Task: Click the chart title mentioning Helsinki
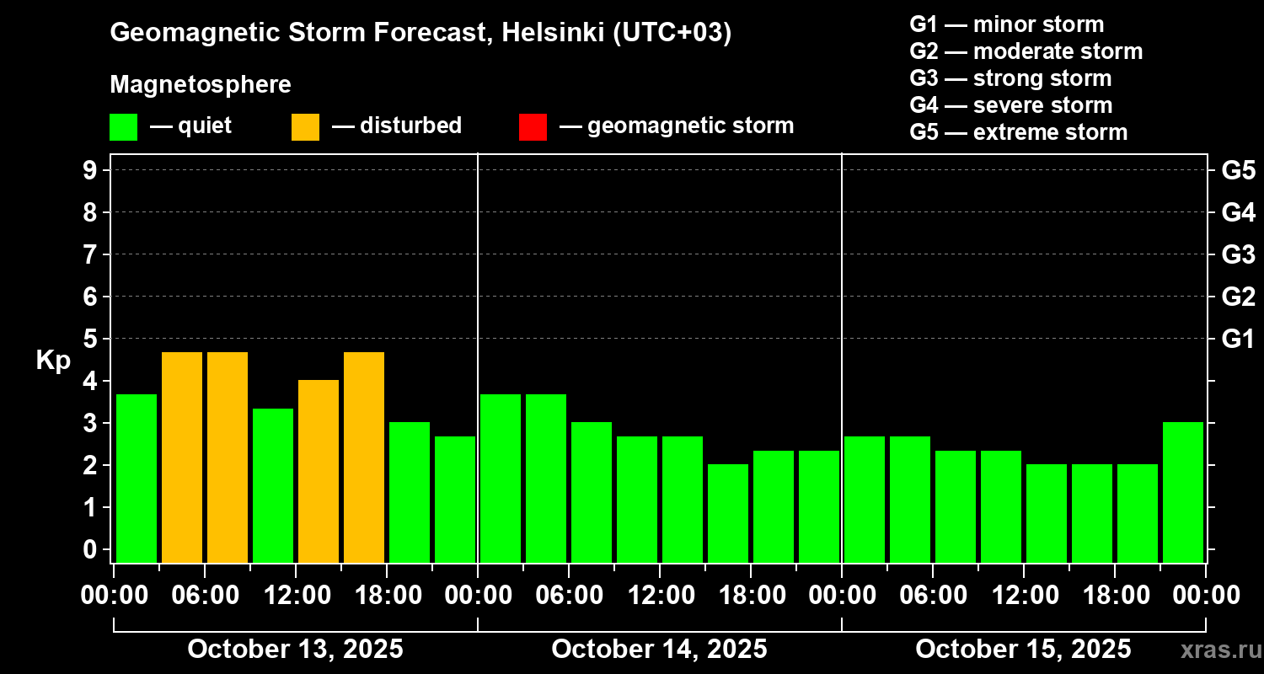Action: (x=420, y=33)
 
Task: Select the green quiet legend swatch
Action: (x=123, y=127)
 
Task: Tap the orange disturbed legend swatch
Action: (x=305, y=127)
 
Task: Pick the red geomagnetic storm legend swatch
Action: (x=533, y=127)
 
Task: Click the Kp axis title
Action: (x=53, y=360)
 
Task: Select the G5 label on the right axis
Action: (x=1238, y=170)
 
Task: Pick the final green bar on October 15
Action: (x=1183, y=492)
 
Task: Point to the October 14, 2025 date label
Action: (x=659, y=649)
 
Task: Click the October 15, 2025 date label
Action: (x=1023, y=649)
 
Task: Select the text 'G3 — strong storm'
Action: (x=1010, y=78)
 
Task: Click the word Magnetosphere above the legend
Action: (x=201, y=85)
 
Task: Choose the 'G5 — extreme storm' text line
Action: (x=1018, y=132)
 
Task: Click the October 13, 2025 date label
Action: (x=295, y=649)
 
